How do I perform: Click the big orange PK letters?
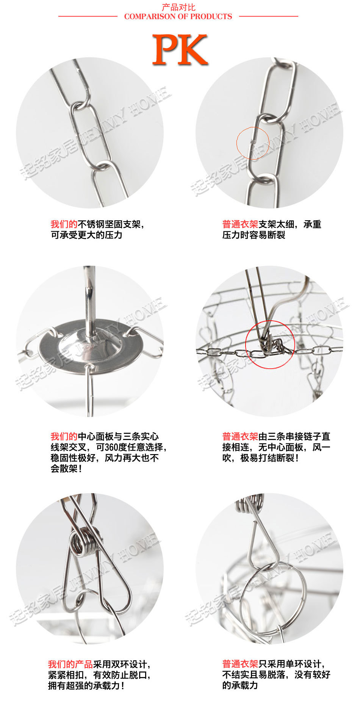tap(180, 50)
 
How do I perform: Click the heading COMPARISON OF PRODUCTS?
tap(178, 17)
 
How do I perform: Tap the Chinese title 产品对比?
tap(178, 7)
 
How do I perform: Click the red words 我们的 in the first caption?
tap(64, 224)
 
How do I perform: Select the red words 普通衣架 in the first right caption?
tap(240, 224)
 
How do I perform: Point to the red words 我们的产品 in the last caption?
tap(70, 664)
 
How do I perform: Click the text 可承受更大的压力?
tap(87, 235)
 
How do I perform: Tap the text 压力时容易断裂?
tap(254, 235)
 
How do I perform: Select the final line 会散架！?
tap(67, 469)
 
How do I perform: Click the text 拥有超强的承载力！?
tap(86, 685)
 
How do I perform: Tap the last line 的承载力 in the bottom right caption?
tap(240, 685)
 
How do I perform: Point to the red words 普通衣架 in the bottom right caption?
tap(240, 664)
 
